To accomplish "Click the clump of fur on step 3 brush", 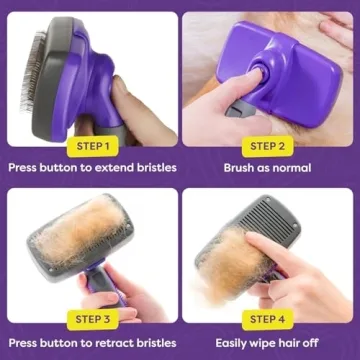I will tap(75, 225).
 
